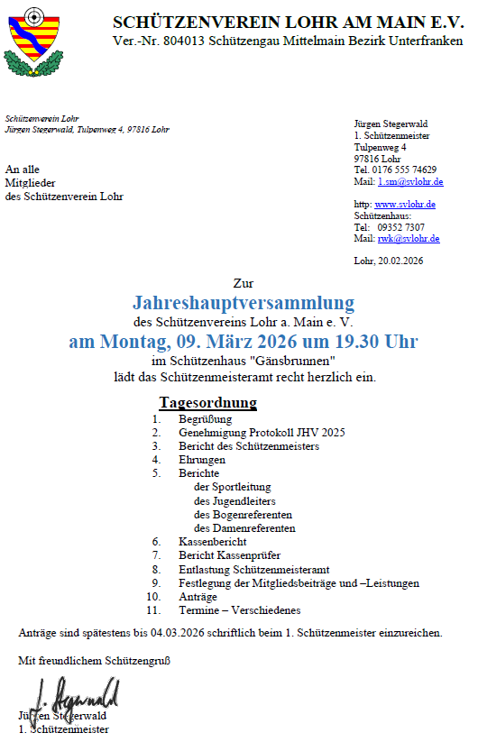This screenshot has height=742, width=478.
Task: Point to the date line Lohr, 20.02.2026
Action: point(389,261)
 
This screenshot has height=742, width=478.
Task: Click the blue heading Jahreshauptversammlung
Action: point(244,302)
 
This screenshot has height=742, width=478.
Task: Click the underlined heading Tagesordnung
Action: point(208,402)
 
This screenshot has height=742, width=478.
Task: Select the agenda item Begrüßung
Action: point(206,419)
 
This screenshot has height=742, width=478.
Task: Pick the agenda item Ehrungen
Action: point(202,460)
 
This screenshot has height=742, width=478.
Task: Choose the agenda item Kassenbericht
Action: point(212,542)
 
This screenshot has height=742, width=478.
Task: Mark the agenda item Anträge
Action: point(198,597)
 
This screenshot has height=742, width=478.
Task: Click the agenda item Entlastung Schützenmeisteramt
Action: point(254,570)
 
